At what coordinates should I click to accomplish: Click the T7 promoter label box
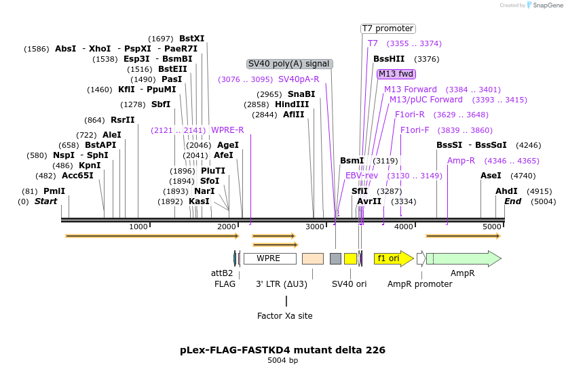tap(388, 28)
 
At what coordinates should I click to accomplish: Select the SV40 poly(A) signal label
tap(289, 64)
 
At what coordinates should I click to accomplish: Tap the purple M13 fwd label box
tap(396, 74)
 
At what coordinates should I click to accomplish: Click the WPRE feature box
tap(269, 258)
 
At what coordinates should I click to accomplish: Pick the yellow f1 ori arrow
tap(393, 258)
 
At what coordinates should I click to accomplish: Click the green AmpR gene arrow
tap(463, 258)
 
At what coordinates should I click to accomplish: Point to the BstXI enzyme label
tap(191, 39)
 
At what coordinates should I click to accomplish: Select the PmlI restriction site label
tap(54, 191)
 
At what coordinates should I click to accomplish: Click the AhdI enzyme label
tap(506, 191)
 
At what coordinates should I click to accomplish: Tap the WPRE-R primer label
tap(227, 130)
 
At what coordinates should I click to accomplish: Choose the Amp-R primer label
tap(461, 161)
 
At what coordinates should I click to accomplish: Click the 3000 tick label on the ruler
tap(314, 227)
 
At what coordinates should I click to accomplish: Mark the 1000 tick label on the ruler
tap(138, 227)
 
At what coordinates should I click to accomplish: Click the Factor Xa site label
tap(285, 315)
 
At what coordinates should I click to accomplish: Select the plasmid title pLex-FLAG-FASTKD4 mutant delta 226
tap(282, 350)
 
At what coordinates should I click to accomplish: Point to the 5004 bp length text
tap(282, 361)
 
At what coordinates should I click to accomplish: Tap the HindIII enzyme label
tap(292, 104)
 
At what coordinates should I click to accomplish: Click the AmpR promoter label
tap(419, 284)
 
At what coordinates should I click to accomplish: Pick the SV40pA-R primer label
tap(299, 79)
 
